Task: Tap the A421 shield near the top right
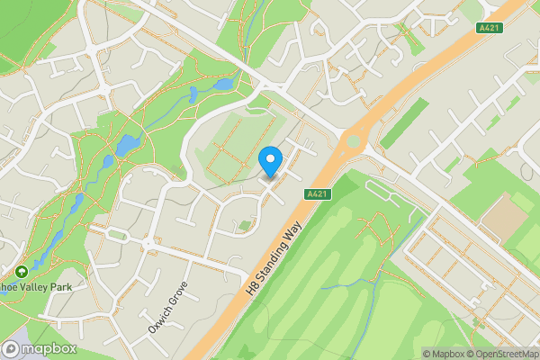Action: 488,28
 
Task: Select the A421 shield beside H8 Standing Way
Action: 316,193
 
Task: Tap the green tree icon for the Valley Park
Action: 21,270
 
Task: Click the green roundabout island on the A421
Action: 354,141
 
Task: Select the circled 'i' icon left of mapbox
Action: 11,348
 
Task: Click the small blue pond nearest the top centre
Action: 222,85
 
